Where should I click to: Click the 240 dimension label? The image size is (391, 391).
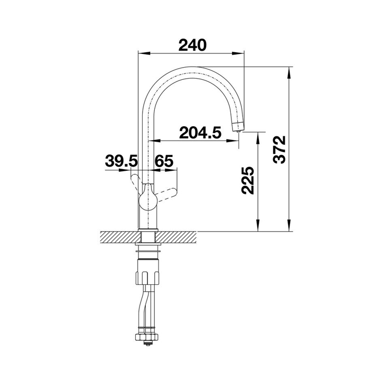click(x=192, y=45)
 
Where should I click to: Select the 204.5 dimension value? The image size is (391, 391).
click(x=200, y=133)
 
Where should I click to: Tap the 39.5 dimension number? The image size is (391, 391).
click(x=121, y=161)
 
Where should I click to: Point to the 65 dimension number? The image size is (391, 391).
click(x=164, y=161)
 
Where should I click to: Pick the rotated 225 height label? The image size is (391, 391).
click(x=248, y=180)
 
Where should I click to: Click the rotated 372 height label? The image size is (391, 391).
click(x=279, y=150)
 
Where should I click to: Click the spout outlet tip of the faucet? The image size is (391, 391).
click(x=239, y=131)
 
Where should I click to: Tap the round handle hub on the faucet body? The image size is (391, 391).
click(x=148, y=200)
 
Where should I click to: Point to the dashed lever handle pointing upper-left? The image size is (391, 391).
click(x=136, y=182)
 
